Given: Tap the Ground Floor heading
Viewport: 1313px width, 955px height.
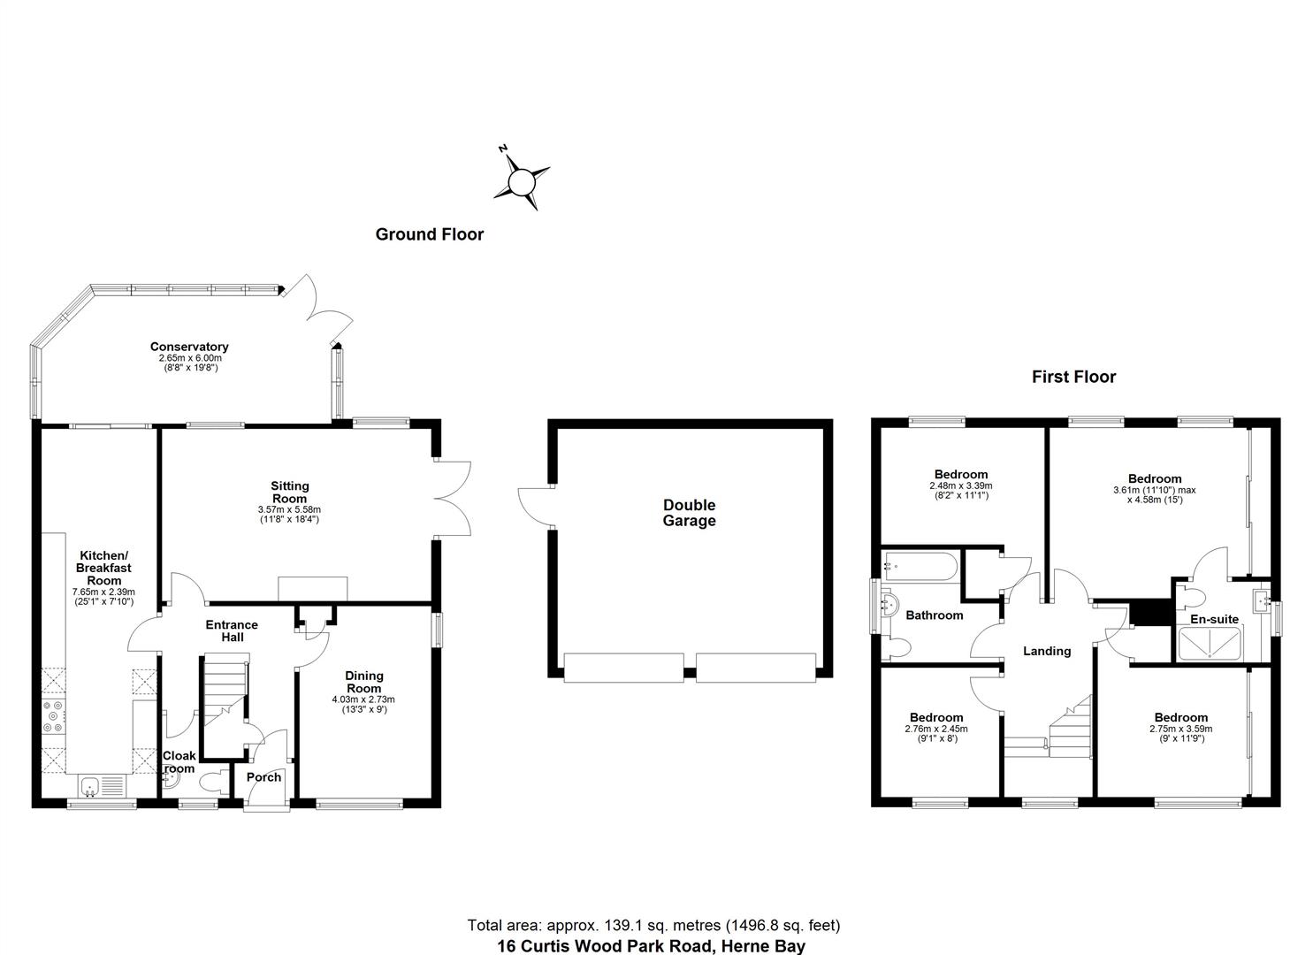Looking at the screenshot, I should (x=430, y=234).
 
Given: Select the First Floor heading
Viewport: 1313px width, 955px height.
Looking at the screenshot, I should (x=1073, y=377).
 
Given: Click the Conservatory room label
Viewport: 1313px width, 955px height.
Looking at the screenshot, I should (x=188, y=347).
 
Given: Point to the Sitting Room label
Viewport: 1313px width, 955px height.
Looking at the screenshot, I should (x=289, y=492).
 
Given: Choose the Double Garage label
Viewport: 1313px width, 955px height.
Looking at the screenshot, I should (x=689, y=513).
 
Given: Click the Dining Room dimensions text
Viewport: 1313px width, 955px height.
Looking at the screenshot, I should (x=363, y=704).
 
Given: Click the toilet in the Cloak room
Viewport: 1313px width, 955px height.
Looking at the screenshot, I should (x=211, y=783).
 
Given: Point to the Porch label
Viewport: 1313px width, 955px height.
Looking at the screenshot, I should (x=263, y=777).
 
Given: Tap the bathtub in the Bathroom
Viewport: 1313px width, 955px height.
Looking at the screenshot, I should (x=919, y=565).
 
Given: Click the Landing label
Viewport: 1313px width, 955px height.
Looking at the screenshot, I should (x=1047, y=651).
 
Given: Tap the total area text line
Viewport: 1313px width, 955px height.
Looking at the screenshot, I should (x=653, y=925).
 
